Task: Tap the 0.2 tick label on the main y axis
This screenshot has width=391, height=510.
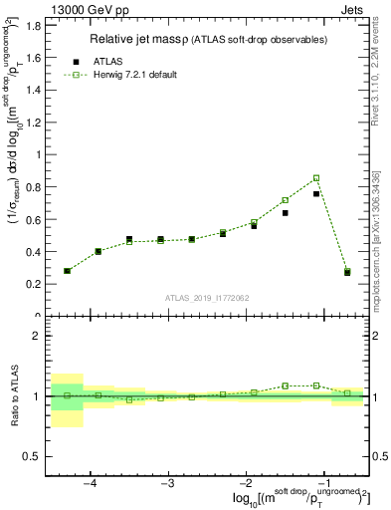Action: coord(33,284)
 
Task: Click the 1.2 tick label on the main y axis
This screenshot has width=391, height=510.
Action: coord(33,122)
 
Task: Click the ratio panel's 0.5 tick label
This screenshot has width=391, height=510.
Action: coord(33,456)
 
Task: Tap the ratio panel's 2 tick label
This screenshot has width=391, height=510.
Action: coord(37,336)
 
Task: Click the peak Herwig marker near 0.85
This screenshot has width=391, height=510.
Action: coord(316,178)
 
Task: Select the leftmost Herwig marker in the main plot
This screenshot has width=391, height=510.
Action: coord(67,271)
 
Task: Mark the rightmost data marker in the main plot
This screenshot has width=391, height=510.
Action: coord(347,272)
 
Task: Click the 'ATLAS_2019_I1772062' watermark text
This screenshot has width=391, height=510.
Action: coord(207,297)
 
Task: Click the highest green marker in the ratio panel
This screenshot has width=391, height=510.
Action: coord(316,385)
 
